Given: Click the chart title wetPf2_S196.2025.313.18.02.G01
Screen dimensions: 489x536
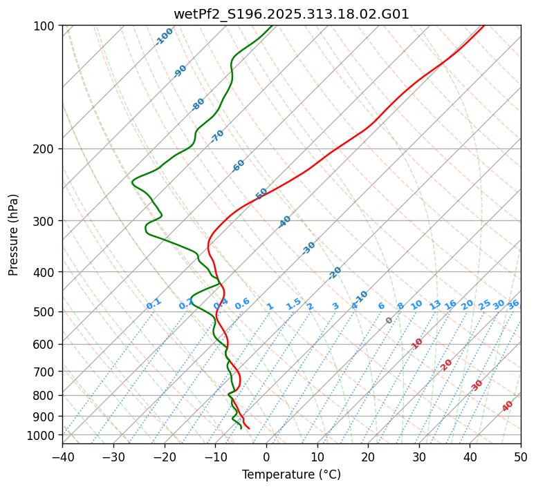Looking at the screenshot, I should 291,14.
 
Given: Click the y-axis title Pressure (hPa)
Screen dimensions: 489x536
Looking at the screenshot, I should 14,235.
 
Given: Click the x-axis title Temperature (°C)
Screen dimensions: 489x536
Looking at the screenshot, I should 291,475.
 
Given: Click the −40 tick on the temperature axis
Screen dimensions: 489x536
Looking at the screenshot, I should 62,457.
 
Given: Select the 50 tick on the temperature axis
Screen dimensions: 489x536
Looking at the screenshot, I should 521,457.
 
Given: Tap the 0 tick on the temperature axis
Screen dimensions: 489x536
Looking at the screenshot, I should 266,457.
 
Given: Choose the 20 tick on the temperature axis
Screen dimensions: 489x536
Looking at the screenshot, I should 368,457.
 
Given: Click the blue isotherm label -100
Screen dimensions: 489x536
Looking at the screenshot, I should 164,37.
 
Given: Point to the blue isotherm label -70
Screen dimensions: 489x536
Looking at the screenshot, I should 217,136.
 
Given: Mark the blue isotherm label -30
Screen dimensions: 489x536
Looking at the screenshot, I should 308,248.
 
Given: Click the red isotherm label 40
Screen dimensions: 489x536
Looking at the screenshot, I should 508,406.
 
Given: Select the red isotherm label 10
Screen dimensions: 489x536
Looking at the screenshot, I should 417,343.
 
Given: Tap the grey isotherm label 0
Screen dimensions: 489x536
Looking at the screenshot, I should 389,320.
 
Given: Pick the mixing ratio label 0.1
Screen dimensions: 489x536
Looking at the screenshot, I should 154,303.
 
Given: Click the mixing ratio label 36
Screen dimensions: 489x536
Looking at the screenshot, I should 513,304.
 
